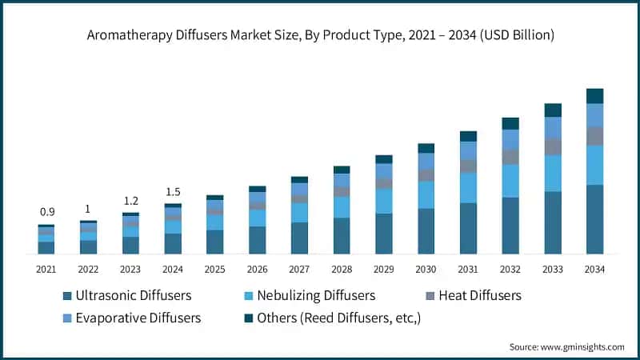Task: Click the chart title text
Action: tap(320, 35)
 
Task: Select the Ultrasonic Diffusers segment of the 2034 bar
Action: tap(594, 219)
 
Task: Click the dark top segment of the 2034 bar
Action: tap(594, 96)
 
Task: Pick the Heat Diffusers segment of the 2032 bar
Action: tap(510, 157)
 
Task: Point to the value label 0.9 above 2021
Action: tap(46, 212)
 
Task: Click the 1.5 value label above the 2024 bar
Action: tap(173, 192)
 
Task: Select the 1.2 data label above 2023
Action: tap(130, 201)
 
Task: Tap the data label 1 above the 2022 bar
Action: tap(88, 209)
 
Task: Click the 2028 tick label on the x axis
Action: tap(342, 270)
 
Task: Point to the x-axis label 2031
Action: tap(468, 270)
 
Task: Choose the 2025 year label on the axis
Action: tap(214, 270)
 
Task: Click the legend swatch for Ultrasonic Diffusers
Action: tap(67, 296)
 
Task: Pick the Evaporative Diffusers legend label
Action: tap(138, 318)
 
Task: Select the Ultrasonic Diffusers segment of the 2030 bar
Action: tap(426, 231)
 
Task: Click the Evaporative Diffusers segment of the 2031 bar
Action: tap(468, 150)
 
